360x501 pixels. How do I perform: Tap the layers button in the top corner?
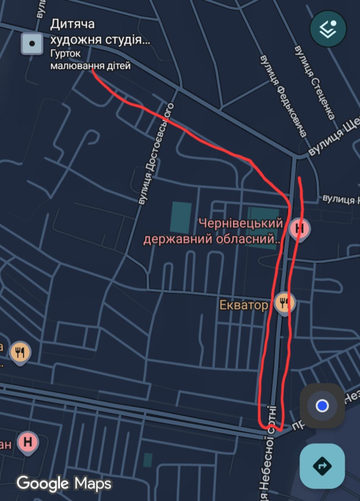[x=328, y=29]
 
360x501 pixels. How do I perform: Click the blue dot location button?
[x=322, y=405]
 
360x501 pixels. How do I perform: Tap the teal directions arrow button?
[x=322, y=466]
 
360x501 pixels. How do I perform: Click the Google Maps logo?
[x=63, y=483]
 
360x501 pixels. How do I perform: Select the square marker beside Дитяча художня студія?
[x=31, y=44]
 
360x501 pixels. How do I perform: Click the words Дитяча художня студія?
[x=100, y=31]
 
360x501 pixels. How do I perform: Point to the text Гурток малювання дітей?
[x=90, y=59]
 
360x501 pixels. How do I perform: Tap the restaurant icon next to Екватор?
[x=285, y=302]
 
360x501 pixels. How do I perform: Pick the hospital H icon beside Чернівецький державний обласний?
[x=300, y=227]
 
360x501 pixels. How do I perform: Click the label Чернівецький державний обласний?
[x=213, y=232]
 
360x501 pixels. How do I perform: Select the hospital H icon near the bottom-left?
[x=27, y=442]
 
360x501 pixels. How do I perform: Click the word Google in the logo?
[x=43, y=483]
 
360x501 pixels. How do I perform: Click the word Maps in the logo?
[x=93, y=483]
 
